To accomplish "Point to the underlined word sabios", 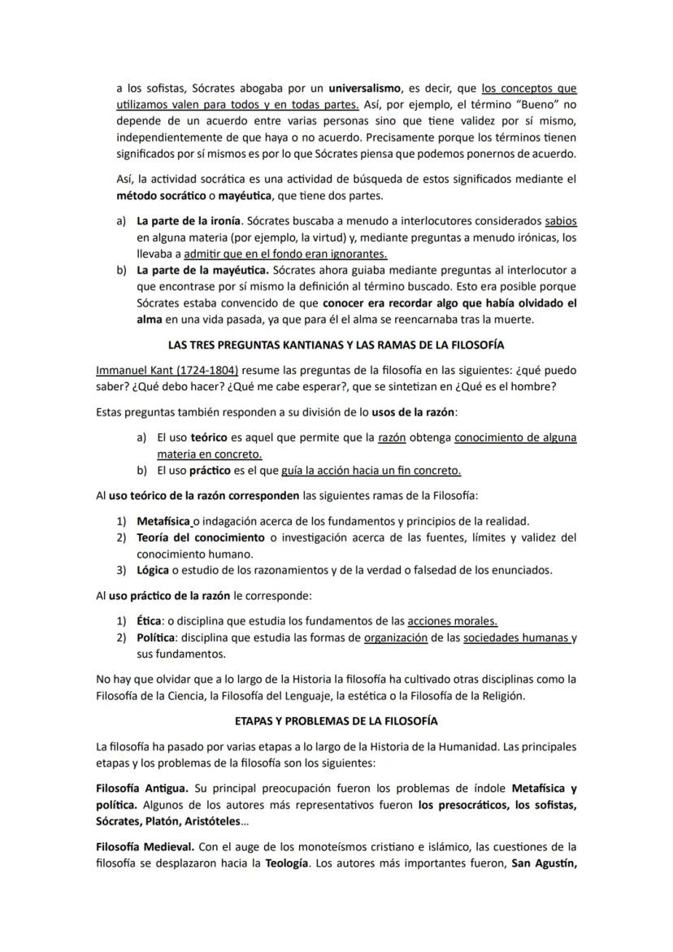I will point(561,220).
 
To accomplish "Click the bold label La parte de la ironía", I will point(189,220).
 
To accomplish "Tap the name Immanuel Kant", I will point(135,368).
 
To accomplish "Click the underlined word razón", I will point(392,437).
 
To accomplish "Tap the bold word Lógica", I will point(153,570).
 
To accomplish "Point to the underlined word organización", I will point(396,638).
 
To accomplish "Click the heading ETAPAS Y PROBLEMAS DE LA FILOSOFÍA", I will point(336,721).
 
